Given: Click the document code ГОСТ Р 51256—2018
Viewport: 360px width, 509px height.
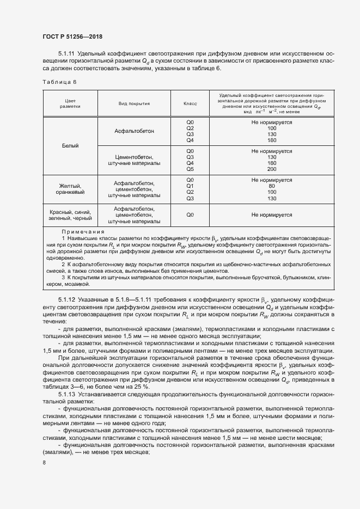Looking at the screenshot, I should (72, 36).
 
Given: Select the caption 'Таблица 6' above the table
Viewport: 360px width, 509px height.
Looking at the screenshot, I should (59, 82).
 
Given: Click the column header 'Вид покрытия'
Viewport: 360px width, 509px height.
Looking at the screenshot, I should (134, 103).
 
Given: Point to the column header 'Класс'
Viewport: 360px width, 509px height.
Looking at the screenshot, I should (190, 103).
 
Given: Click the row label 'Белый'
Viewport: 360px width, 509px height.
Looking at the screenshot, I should (70, 146).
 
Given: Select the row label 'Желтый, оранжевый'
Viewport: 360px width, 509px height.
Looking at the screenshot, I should (70, 189).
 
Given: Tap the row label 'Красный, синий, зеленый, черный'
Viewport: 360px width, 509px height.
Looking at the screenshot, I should (70, 216).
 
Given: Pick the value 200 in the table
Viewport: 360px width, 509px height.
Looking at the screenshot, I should (272, 169).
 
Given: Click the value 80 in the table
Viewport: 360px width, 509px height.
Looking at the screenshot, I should (272, 186).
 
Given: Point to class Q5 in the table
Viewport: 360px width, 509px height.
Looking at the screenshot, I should (190, 169).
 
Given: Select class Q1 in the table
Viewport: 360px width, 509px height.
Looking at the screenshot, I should (190, 186).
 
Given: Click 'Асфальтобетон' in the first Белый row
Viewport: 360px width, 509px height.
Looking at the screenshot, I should (134, 131).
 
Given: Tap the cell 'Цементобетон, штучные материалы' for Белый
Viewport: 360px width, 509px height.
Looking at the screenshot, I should (134, 160).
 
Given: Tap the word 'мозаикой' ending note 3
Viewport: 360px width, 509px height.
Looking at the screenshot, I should (75, 284).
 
